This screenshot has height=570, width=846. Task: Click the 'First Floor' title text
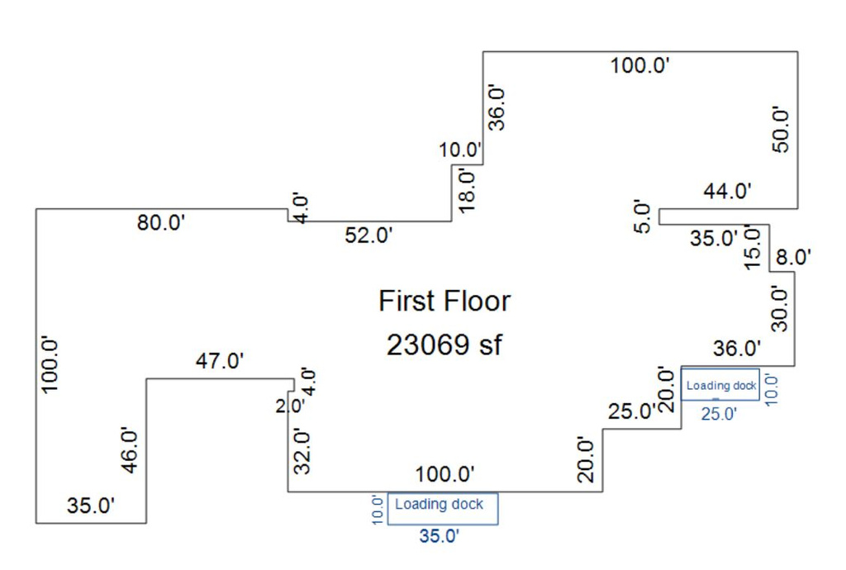pos(444,301)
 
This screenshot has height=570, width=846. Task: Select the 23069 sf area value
pos(444,344)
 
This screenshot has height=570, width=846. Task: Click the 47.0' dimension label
pos(220,361)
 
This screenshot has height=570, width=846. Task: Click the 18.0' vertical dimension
pos(468,189)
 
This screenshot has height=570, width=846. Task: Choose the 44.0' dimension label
pos(727,192)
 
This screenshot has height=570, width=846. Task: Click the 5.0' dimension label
pos(644,216)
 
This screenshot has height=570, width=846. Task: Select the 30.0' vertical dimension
pos(780,307)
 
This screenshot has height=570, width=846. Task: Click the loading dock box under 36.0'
pos(720,385)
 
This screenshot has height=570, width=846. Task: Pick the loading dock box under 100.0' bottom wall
pos(443,508)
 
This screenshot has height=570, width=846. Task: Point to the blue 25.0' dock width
pos(718,415)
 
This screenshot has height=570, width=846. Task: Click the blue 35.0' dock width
pos(439,536)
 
